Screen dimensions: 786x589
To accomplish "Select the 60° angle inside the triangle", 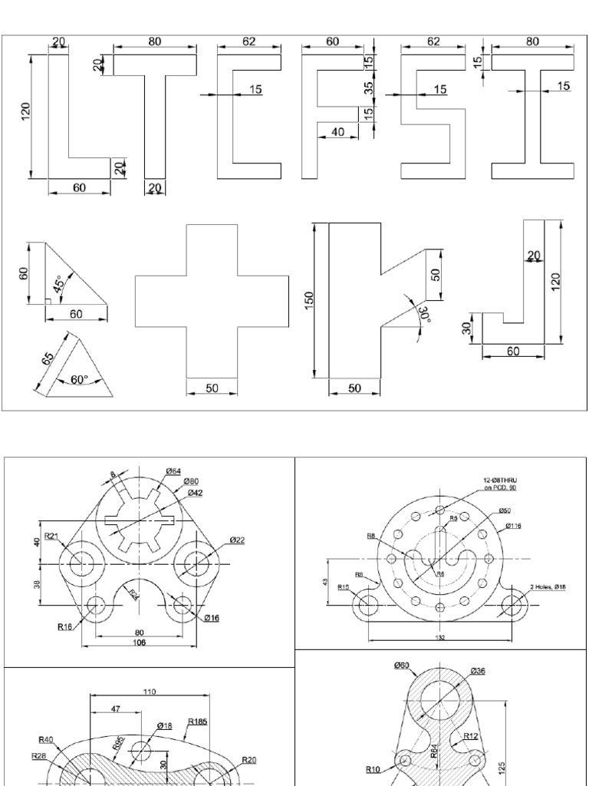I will [x=79, y=379].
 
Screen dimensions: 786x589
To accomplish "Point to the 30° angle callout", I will [x=424, y=314].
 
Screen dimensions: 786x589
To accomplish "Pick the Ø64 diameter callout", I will [x=173, y=471].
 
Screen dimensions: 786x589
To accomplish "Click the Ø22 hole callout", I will [x=237, y=540].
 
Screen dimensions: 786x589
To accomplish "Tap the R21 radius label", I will [x=51, y=537].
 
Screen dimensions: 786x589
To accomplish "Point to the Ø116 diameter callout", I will [x=514, y=526].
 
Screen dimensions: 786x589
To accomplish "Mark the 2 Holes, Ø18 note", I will [x=548, y=587].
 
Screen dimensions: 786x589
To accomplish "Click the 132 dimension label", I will [x=439, y=636].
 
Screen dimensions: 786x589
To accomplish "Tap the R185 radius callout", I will [x=199, y=722].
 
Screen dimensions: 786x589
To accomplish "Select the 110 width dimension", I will [x=149, y=692].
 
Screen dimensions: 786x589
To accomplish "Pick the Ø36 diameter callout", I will [x=477, y=671].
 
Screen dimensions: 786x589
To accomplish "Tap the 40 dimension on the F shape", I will [x=338, y=132].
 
